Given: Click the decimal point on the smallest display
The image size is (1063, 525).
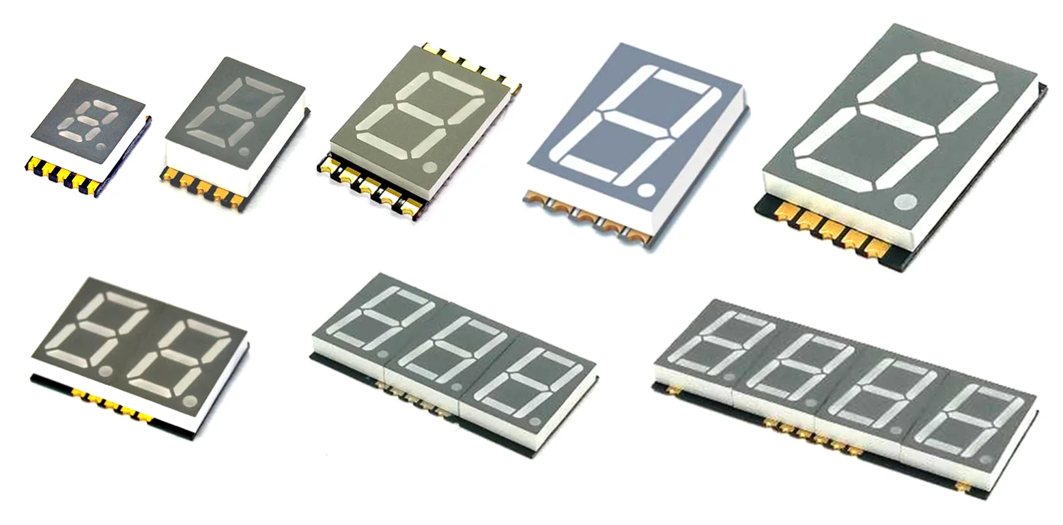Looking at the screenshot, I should coord(101,146).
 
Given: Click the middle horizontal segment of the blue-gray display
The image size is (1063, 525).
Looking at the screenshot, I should coord(635,124).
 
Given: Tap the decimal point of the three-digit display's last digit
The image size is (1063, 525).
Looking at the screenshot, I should coord(535,421).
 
